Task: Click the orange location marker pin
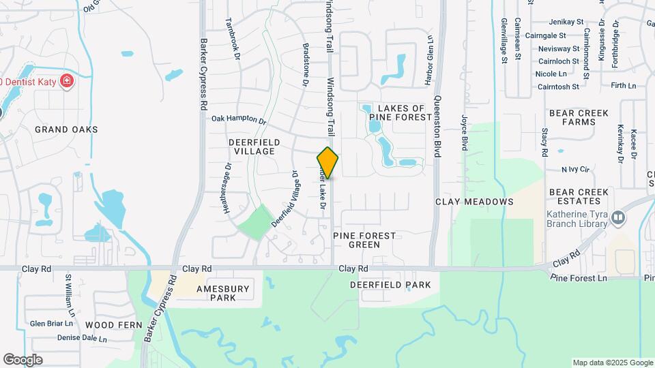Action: point(328,163)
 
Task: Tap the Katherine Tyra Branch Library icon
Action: point(618,217)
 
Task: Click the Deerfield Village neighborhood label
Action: point(251,146)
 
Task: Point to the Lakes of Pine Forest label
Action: point(396,112)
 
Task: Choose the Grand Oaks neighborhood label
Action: point(67,129)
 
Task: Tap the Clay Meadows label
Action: point(474,202)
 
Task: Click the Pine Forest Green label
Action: point(364,239)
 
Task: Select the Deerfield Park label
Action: point(391,284)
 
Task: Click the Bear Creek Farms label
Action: point(574,117)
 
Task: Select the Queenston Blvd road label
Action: point(437,122)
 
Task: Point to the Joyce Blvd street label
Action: point(464,132)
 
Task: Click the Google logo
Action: point(23,360)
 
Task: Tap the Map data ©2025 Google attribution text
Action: point(612,363)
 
